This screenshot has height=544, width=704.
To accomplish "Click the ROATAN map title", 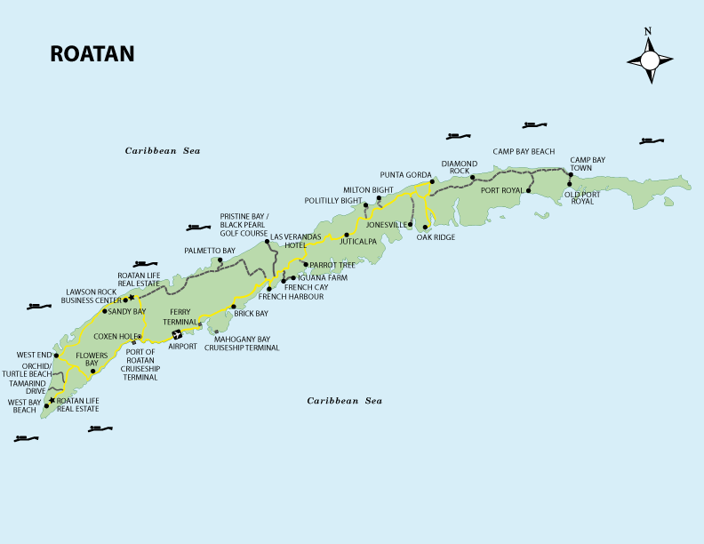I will tap(92, 54).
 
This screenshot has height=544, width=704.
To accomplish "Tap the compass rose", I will tap(649, 60).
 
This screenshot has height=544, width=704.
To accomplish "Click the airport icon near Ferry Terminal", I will tap(177, 335).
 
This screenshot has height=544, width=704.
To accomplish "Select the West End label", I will tap(34, 356).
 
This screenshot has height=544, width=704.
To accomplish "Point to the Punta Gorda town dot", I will tap(432, 182).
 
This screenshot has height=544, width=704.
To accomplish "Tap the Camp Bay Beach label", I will tap(524, 152).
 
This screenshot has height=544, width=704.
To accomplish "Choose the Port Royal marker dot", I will tap(529, 190).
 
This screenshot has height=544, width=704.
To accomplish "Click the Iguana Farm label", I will tap(323, 278).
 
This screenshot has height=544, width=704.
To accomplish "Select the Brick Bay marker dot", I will tap(233, 307).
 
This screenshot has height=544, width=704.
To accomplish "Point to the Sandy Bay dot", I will tap(105, 311).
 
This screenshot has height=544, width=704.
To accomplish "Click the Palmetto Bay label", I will tap(210, 252).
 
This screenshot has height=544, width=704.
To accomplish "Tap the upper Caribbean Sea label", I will tap(163, 151).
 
